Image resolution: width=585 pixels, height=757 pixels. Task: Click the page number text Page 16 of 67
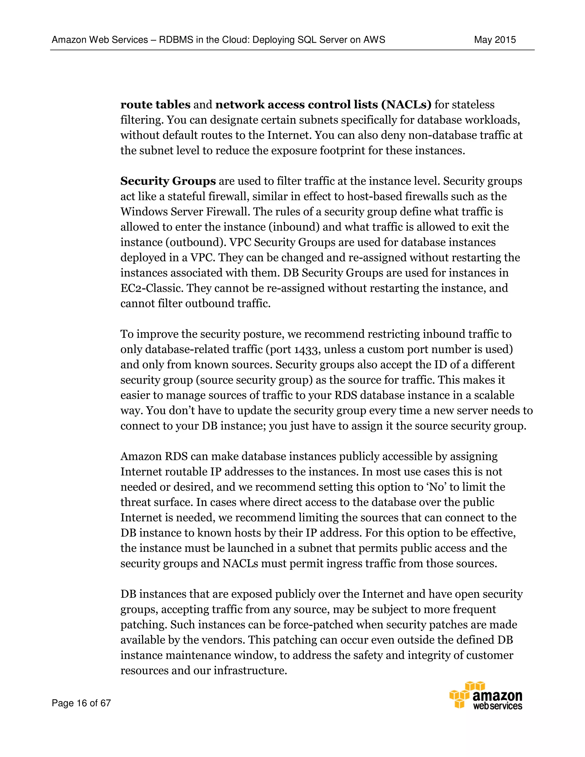[81, 703]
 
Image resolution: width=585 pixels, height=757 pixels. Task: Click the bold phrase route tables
[155, 105]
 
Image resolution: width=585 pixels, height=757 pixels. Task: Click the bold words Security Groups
[168, 181]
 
